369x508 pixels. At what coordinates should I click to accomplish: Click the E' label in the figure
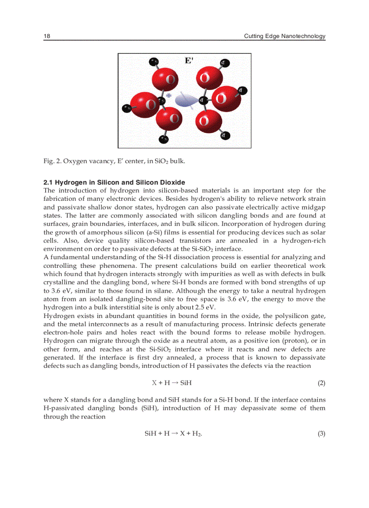click(x=189, y=61)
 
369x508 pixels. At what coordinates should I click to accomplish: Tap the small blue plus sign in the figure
click(x=169, y=95)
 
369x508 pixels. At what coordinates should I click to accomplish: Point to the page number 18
click(x=47, y=36)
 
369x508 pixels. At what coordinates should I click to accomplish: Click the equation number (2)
click(x=321, y=383)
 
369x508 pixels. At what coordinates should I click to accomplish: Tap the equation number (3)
click(x=321, y=434)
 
